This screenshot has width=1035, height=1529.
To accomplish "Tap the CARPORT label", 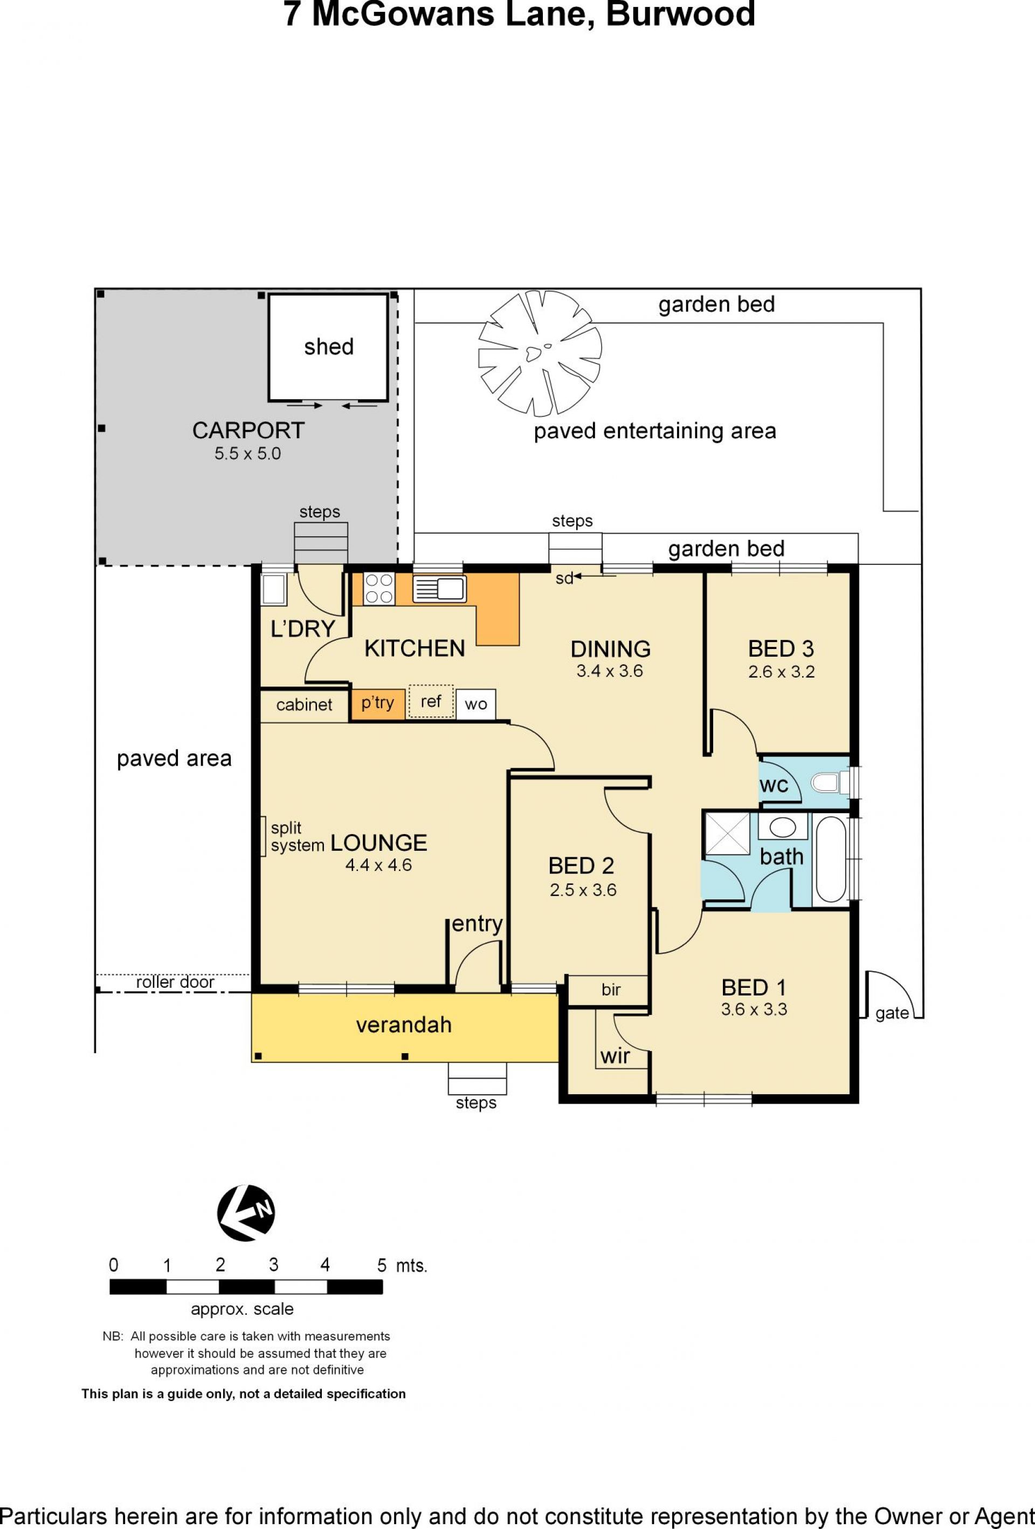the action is click(248, 431).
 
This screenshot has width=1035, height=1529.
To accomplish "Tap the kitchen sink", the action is click(439, 588).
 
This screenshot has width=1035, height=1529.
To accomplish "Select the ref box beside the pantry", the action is click(431, 701).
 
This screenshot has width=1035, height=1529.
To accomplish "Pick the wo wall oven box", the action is click(475, 704).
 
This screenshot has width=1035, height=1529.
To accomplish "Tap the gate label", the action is click(892, 1013).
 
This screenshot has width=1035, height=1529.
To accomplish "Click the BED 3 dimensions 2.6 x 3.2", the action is click(781, 672).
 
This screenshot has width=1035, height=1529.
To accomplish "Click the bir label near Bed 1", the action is click(611, 989).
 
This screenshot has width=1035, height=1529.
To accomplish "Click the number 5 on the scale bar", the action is click(381, 1265).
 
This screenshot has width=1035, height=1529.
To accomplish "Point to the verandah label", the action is click(404, 1025).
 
